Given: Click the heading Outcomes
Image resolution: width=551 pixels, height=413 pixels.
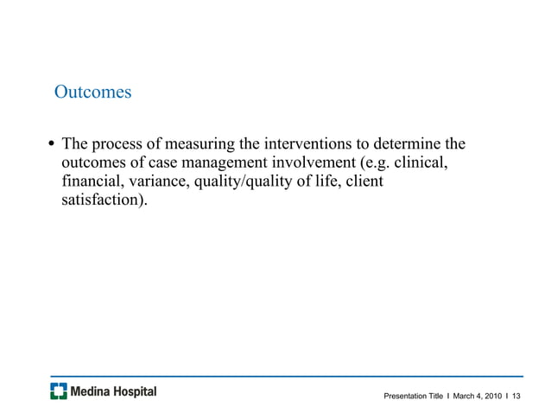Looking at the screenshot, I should point(92,91).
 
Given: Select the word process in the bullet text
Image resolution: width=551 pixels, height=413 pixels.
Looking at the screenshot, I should point(123,143).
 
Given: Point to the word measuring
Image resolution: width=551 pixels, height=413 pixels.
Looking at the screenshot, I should point(203,143).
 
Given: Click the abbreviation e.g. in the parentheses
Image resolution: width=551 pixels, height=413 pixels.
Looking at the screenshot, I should point(376,162).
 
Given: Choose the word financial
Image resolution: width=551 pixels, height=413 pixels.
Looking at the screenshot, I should point(91,182).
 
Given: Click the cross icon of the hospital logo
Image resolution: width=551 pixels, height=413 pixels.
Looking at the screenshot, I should point(58,392).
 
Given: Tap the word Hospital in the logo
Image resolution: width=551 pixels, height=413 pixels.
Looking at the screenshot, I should point(134,392).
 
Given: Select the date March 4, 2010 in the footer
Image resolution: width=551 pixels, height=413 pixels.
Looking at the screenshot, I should point(477,396).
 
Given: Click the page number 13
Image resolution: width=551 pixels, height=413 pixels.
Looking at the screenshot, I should point(516,396).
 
